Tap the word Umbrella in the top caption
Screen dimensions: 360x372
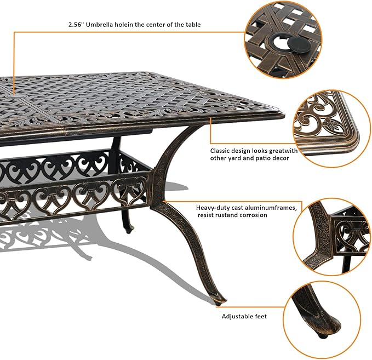click(x=102, y=25)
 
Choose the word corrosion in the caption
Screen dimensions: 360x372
click(x=251, y=215)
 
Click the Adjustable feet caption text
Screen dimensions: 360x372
click(x=244, y=316)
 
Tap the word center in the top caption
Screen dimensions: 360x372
click(x=159, y=25)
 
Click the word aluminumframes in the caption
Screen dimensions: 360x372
click(x=273, y=208)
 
